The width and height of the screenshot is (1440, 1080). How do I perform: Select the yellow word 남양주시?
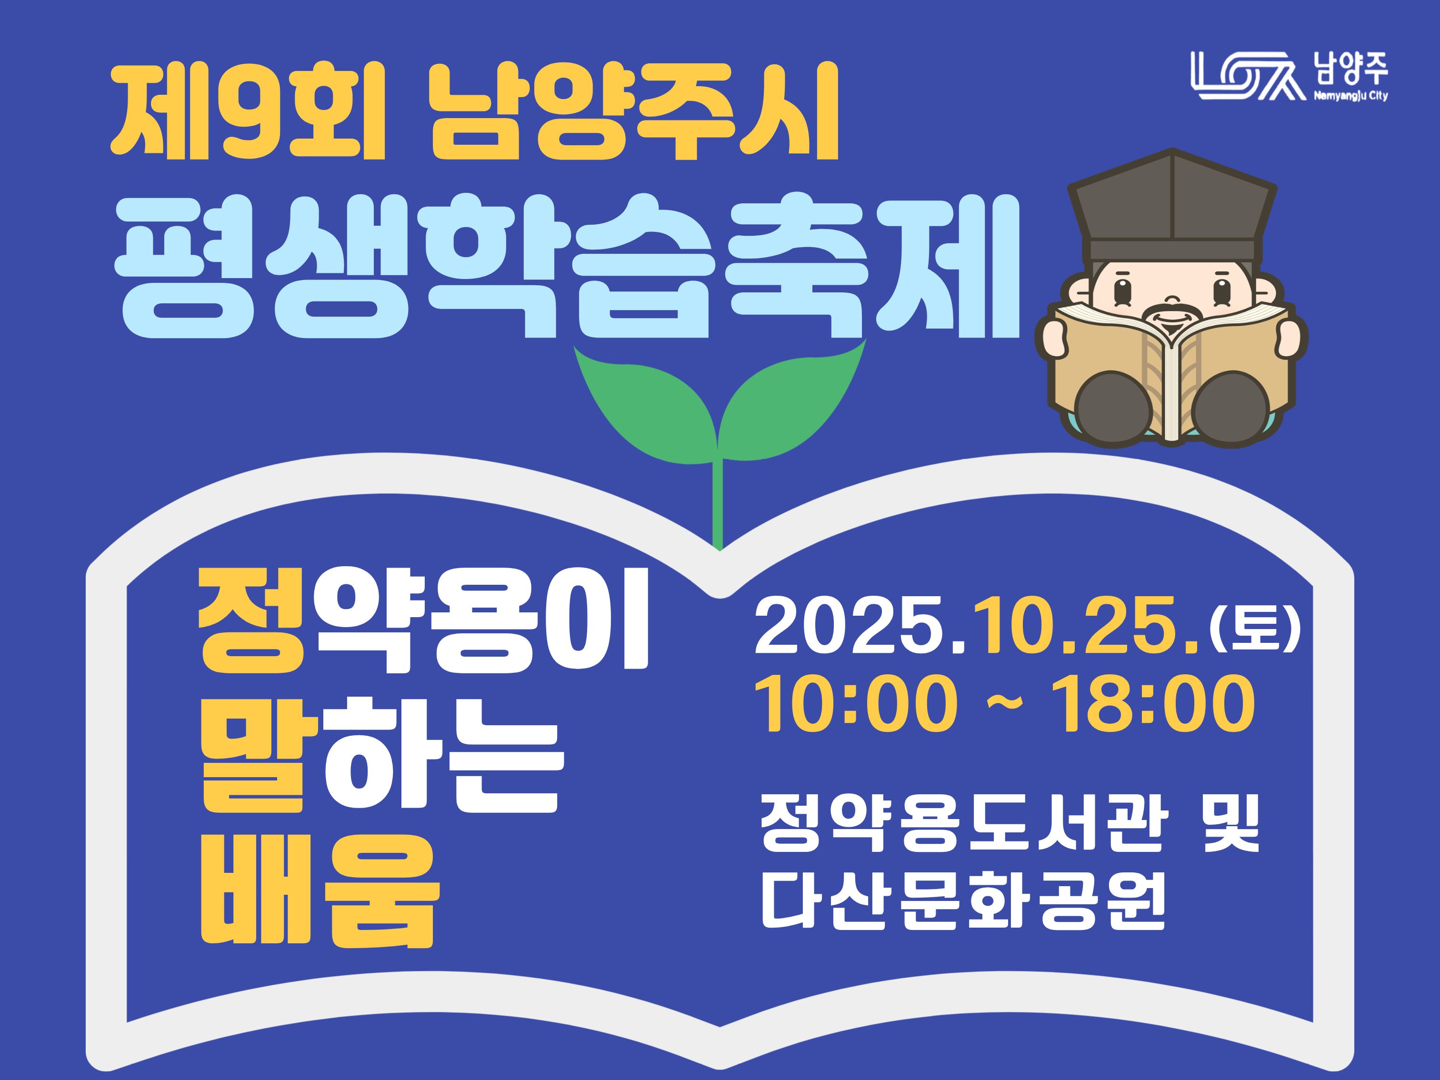coord(633,112)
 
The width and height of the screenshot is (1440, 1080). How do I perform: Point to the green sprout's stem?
coord(718,504)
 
